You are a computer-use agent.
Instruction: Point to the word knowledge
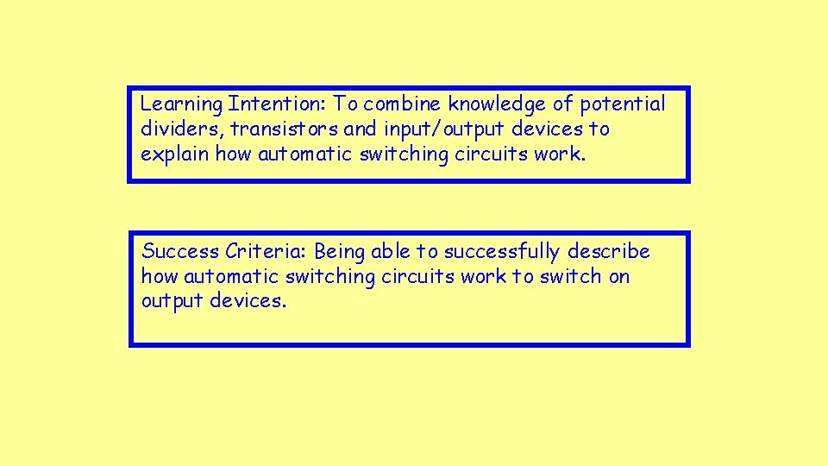pyautogui.click(x=498, y=104)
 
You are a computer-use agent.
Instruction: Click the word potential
pyautogui.click(x=622, y=105)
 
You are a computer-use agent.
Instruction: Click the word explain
pyautogui.click(x=175, y=155)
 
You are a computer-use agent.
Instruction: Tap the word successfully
pyautogui.click(x=503, y=252)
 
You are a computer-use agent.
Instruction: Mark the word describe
pyautogui.click(x=609, y=251)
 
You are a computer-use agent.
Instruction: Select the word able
pyautogui.click(x=391, y=251)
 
